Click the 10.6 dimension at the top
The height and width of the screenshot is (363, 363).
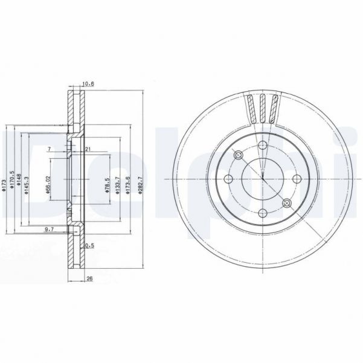88,84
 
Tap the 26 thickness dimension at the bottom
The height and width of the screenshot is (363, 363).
89,279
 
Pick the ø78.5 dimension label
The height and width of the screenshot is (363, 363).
106,181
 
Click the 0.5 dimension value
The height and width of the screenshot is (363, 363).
90,245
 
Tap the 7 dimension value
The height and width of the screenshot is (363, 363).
49,149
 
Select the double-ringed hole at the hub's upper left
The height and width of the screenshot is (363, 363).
238,155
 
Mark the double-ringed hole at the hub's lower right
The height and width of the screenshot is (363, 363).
288,204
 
